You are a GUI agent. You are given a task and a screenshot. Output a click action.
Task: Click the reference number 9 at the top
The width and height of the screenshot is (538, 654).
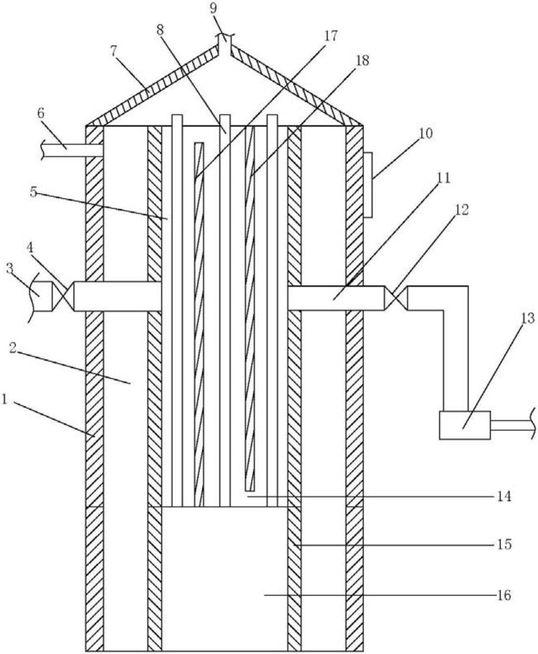coord(213,9)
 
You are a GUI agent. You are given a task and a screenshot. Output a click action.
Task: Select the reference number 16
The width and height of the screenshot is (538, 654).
coord(503,595)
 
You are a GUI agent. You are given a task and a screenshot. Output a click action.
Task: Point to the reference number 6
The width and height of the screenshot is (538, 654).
coord(41,114)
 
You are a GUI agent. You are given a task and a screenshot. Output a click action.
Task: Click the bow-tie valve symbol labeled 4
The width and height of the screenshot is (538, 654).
coord(63,296)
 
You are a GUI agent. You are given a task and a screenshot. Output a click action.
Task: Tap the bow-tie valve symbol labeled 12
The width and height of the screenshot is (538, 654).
coord(396,298)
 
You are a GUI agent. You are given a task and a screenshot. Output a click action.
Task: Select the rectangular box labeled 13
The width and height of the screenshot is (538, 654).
coord(465,425)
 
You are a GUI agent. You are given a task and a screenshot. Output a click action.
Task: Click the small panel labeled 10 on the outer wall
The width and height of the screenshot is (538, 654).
coord(368,185)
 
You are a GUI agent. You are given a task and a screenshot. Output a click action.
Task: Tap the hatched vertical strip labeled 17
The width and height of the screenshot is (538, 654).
coord(199,324)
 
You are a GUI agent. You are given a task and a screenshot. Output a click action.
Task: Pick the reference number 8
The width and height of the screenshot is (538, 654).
coord(160,31)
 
